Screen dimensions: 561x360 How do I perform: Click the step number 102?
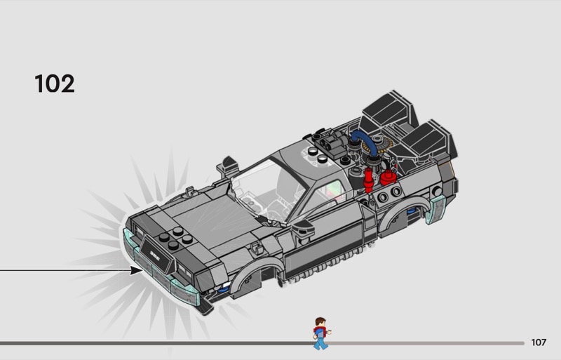(x=55, y=84)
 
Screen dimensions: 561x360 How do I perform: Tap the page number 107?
(x=539, y=342)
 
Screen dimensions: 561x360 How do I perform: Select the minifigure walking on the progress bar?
(x=321, y=333)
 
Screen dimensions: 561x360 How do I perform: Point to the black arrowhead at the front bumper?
(x=137, y=270)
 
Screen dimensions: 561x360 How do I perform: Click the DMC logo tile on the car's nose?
(x=156, y=255)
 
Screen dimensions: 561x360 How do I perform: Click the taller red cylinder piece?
(x=368, y=181)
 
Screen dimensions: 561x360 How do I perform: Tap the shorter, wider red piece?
(x=388, y=178)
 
